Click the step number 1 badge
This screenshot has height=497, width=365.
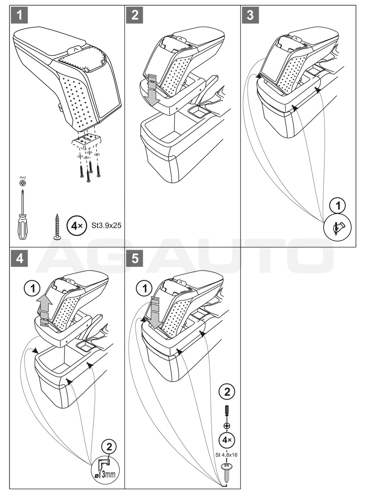tap(19, 15)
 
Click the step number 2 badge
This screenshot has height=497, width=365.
tap(135, 15)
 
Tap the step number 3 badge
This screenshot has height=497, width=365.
tap(250, 15)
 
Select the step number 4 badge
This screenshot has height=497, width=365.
tap(19, 259)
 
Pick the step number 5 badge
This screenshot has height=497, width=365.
tap(135, 259)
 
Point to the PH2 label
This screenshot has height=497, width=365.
tap(22, 178)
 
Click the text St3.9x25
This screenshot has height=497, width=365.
tap(106, 226)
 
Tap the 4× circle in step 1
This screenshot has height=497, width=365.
tap(76, 226)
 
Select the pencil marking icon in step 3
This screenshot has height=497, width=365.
tap(338, 227)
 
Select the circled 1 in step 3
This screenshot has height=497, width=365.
tap(338, 206)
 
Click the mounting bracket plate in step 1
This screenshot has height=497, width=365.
tap(86, 140)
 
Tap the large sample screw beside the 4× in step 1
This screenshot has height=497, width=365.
tap(58, 226)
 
